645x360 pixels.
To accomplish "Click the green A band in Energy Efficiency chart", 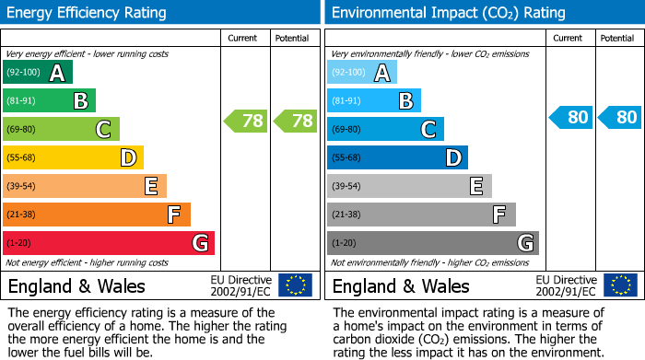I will (37, 73).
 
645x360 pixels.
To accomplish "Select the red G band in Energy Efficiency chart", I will (108, 243).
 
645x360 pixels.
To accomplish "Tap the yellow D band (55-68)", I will (73, 158).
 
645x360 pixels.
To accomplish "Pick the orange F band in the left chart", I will (96, 215).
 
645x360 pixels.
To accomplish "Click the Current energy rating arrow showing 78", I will (246, 121).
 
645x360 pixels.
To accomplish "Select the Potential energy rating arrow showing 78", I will (295, 121).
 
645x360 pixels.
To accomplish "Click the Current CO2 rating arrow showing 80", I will (570, 117).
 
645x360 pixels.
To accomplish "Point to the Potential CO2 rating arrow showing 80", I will (619, 117).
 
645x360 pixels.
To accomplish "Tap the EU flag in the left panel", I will (295, 285).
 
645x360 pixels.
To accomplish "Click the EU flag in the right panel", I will (619, 285).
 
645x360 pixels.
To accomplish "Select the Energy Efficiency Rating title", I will (88, 13).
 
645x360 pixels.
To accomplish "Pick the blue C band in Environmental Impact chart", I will (385, 130).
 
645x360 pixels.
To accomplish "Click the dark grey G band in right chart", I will (432, 243).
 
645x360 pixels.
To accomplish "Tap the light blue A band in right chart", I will (361, 73).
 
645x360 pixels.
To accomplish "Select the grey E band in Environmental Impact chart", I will (409, 186).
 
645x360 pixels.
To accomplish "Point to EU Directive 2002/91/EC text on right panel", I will (566, 285).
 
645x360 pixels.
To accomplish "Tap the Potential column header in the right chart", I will (617, 38).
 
